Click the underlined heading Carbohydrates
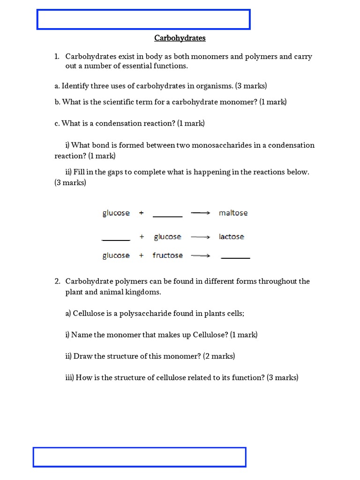pos(180,38)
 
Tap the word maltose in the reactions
pos(233,213)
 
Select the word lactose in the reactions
pos(231,237)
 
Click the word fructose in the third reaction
pos(167,255)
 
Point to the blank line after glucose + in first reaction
pos(167,216)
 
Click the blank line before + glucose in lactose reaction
pos(116,240)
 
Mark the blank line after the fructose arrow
pos(235,258)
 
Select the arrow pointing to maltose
pos(200,213)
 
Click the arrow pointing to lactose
pos(200,237)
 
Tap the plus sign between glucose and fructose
pos(141,255)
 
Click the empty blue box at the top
pos(143,19)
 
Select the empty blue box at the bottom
pos(139,457)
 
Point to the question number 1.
pos(56,57)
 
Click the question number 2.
pos(57,281)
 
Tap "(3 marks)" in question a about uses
pos(251,86)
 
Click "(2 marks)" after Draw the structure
pos(219,356)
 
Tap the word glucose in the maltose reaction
pos(116,213)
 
